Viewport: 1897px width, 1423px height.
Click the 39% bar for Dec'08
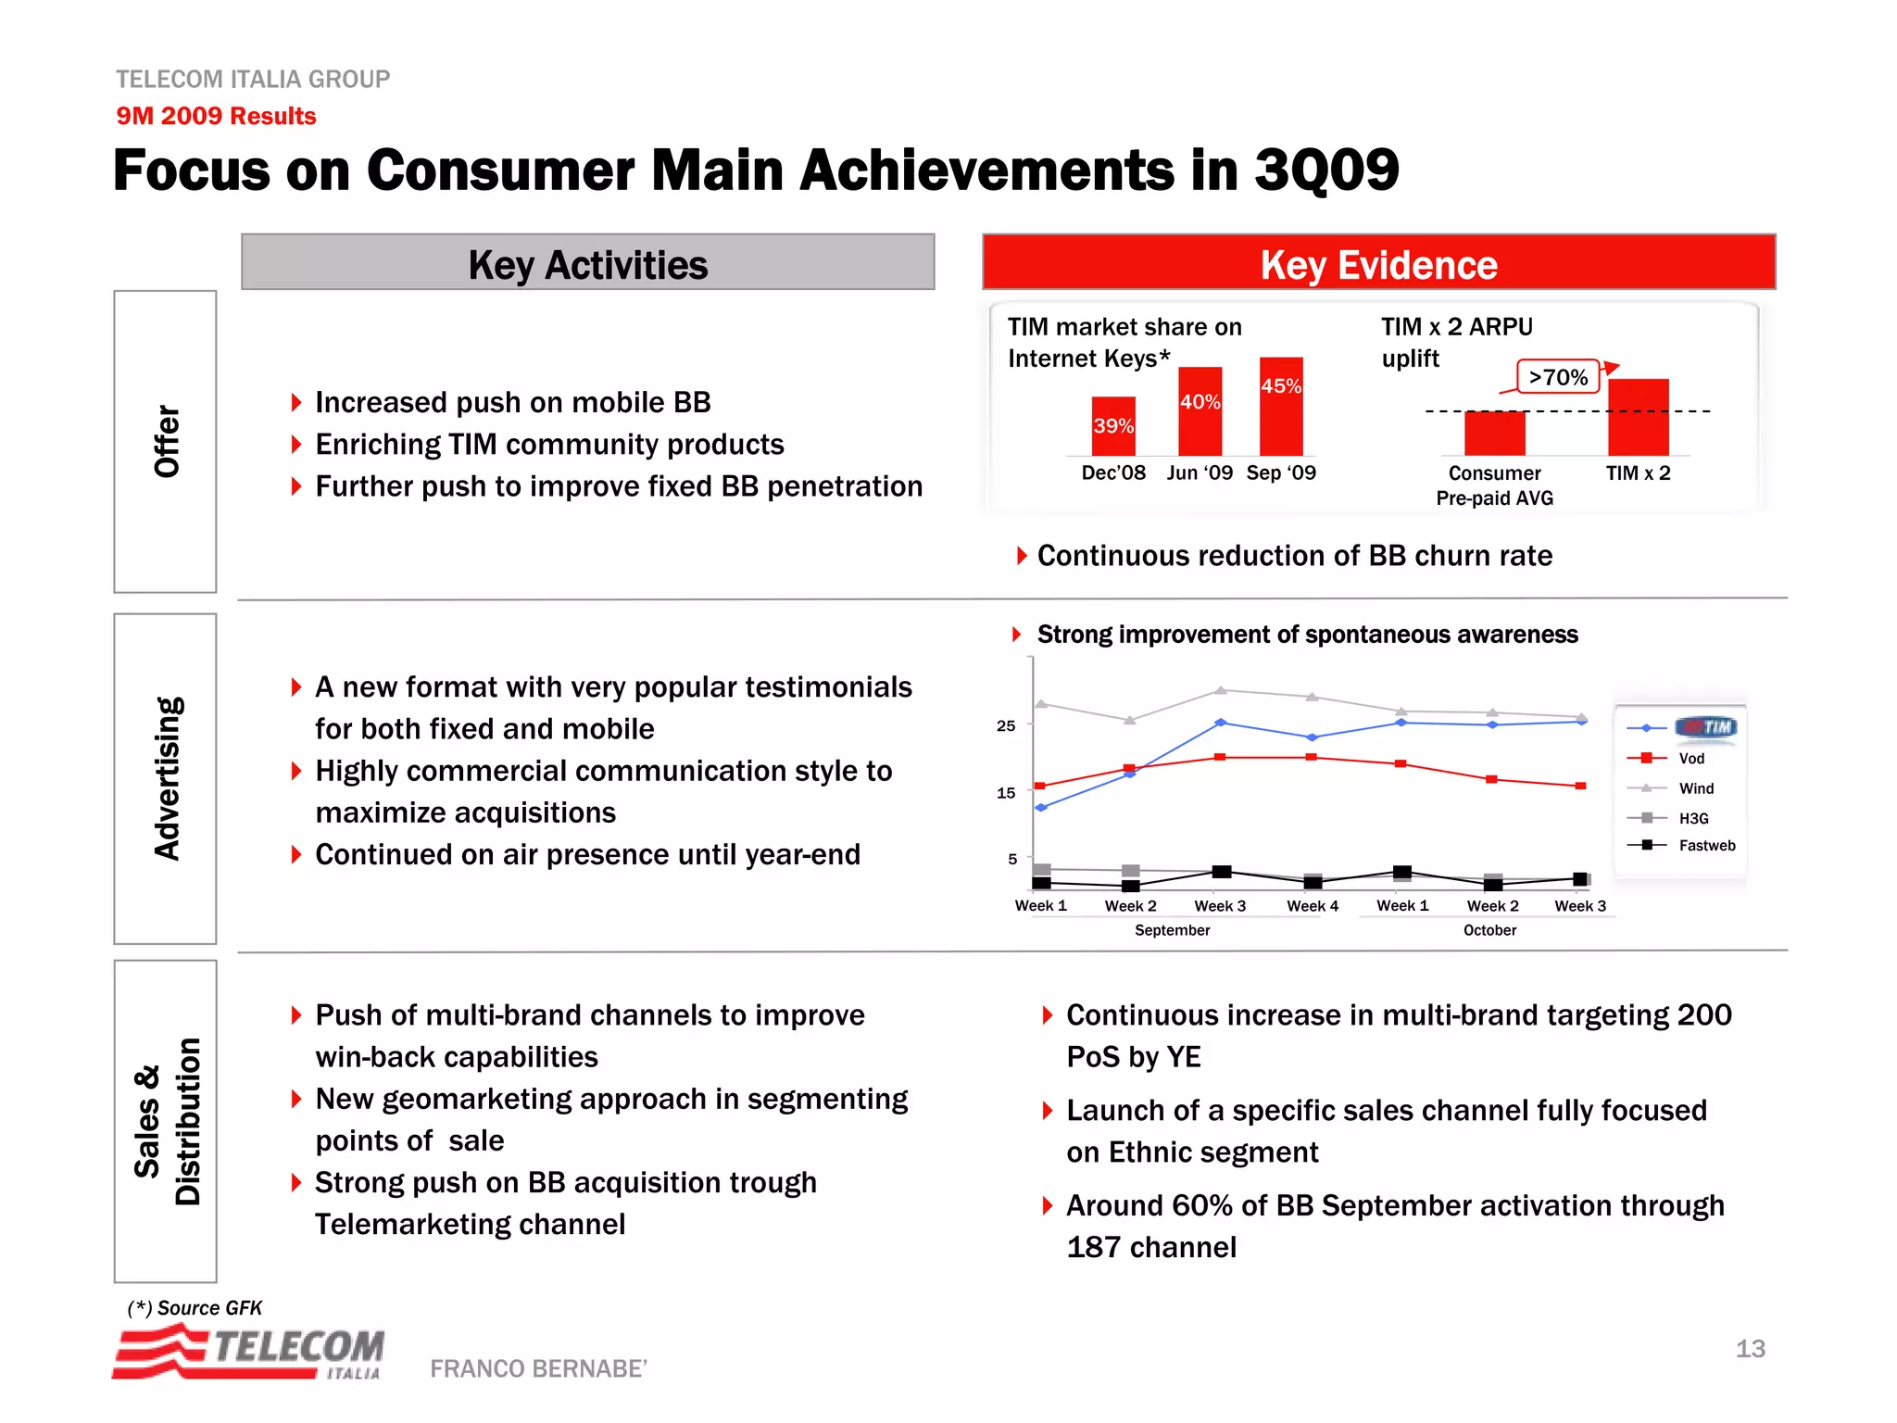(x=1113, y=425)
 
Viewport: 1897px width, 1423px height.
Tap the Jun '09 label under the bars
(x=1200, y=473)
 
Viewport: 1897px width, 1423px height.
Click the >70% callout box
(x=1558, y=377)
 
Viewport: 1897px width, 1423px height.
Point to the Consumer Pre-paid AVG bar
(x=1494, y=433)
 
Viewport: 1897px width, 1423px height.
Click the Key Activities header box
(x=587, y=263)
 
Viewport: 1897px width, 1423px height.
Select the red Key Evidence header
(x=1378, y=263)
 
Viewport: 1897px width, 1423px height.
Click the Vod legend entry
(x=1690, y=759)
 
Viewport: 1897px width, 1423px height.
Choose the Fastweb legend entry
(x=1706, y=845)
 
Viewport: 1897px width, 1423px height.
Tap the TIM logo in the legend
(x=1706, y=727)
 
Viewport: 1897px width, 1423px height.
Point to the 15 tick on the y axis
(x=1006, y=793)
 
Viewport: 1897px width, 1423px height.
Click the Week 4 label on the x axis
(x=1312, y=906)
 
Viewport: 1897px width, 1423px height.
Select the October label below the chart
(x=1489, y=930)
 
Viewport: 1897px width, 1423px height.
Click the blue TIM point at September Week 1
(x=1041, y=808)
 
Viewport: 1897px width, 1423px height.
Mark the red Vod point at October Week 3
(x=1581, y=786)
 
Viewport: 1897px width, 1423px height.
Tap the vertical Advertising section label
(x=167, y=778)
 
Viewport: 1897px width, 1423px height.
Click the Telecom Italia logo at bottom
(x=248, y=1352)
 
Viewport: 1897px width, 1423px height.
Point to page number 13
(x=1750, y=1349)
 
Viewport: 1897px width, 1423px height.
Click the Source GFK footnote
(x=195, y=1308)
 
